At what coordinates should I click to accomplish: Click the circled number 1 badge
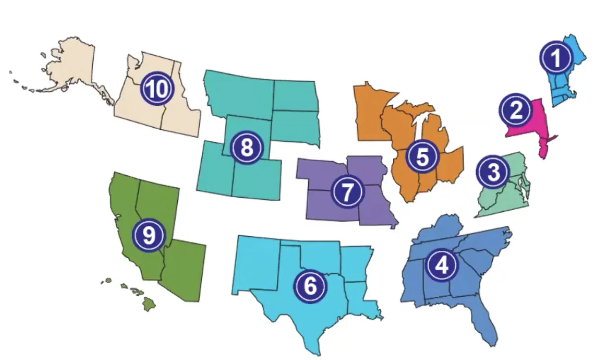tap(555, 58)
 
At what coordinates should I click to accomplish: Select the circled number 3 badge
tap(493, 172)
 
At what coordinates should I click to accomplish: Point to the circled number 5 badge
tap(422, 156)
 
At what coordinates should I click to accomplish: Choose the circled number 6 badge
tap(310, 285)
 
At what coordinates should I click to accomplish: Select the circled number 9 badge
tap(149, 235)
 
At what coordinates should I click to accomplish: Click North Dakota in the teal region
tap(294, 95)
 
